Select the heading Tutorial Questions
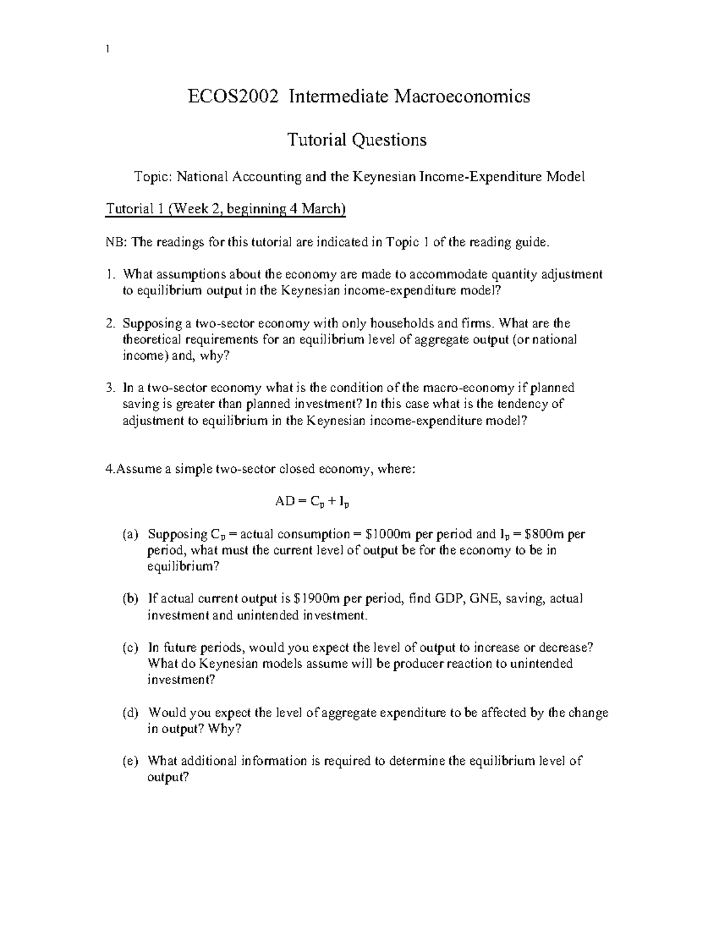pos(357,140)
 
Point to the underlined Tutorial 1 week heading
pos(226,209)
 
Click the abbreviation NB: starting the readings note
pos(116,242)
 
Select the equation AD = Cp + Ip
pos(312,502)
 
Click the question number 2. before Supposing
pos(110,324)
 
